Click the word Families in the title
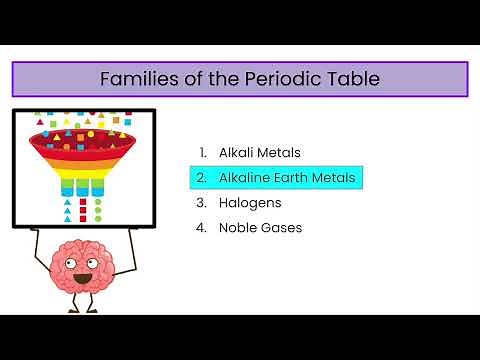point(137,79)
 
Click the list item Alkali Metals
point(260,153)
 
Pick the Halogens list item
point(250,203)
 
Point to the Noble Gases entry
point(260,228)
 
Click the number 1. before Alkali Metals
point(203,153)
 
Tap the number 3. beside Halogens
point(203,203)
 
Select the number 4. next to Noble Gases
point(203,228)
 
